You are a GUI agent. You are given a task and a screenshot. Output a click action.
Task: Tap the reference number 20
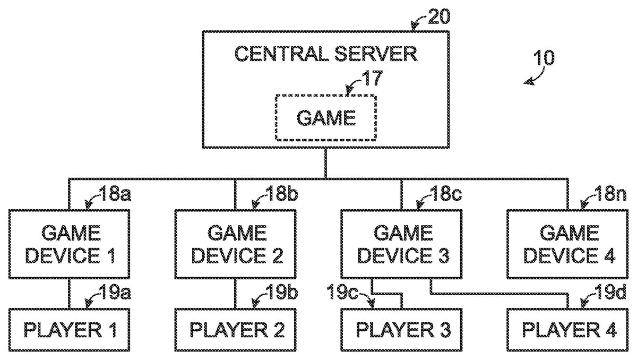[x=439, y=16]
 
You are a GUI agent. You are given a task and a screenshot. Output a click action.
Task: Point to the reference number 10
[x=544, y=58]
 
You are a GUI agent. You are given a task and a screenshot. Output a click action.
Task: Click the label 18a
[x=115, y=194]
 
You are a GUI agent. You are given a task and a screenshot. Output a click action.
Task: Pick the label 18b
[x=281, y=194]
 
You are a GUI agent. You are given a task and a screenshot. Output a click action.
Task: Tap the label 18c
[x=446, y=194]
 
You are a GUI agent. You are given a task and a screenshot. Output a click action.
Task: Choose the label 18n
[x=612, y=194]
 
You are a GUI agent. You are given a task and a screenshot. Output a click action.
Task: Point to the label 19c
[x=342, y=292]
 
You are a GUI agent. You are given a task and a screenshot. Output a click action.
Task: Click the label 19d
[x=612, y=292]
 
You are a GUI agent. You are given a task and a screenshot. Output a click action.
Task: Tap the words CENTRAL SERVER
[x=326, y=54]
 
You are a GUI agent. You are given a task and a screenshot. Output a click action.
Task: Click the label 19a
[x=115, y=292]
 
